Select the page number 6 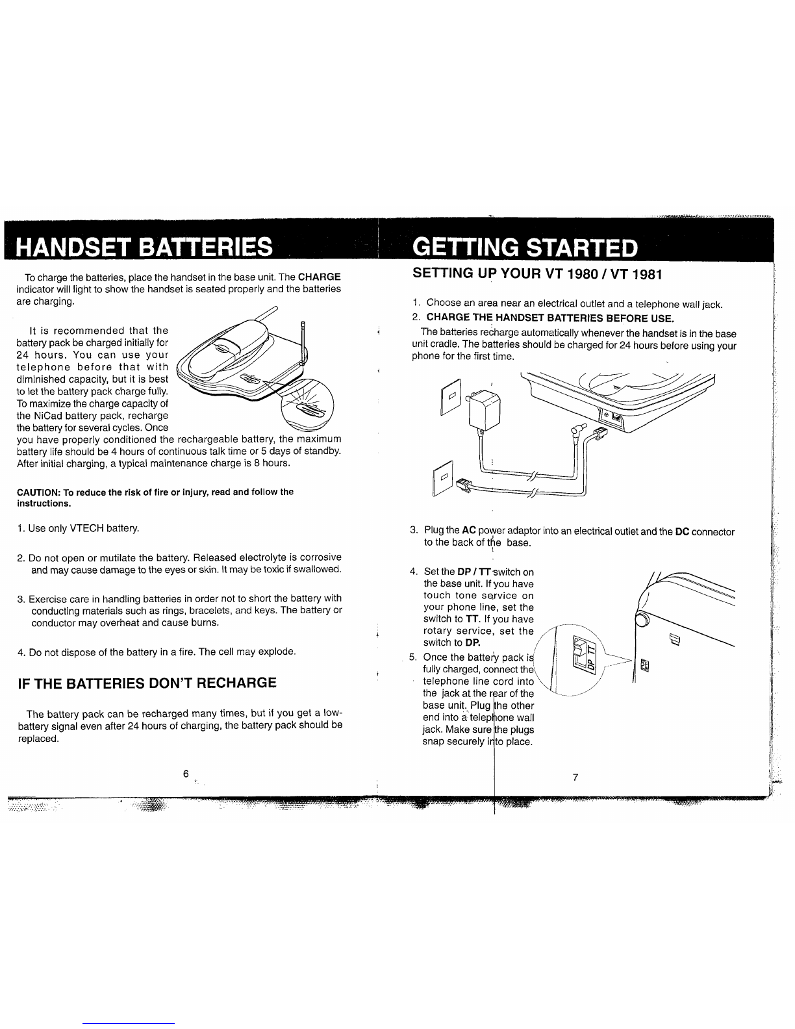[186, 774]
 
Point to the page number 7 [575, 777]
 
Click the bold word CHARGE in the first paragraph [319, 277]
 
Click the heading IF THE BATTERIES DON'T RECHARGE [147, 683]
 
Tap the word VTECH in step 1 [86, 529]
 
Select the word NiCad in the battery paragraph [51, 416]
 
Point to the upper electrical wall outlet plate [451, 397]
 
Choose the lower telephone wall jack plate [443, 478]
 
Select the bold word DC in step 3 [682, 532]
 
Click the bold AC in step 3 [469, 531]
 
